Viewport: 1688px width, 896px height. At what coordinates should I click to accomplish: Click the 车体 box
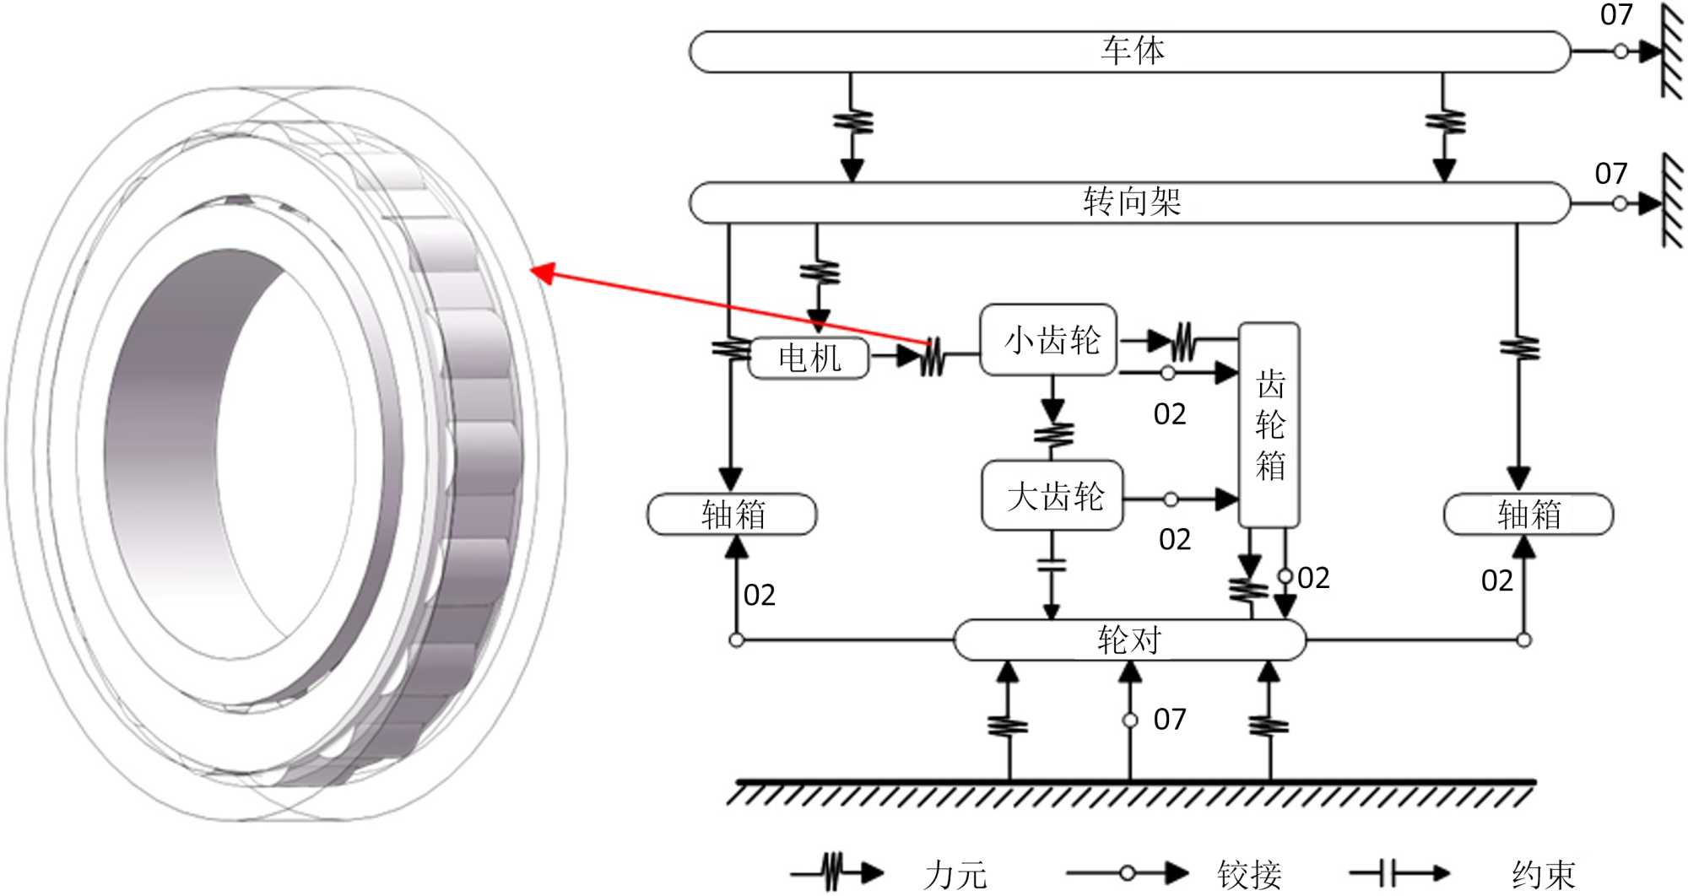[x=1129, y=51]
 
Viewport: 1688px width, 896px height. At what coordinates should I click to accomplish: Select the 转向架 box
[x=1129, y=202]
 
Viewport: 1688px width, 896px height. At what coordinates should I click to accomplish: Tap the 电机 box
[x=809, y=358]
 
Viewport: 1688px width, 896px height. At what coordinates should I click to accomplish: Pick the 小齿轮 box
[x=1048, y=340]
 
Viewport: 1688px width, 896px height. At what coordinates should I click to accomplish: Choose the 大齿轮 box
[x=1052, y=495]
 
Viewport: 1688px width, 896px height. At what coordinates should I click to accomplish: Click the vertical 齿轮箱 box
[x=1269, y=424]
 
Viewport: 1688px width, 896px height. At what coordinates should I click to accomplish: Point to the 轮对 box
[x=1129, y=640]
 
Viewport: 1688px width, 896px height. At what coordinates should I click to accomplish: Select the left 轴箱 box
[x=732, y=515]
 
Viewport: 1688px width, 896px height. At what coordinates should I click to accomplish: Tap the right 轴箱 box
[x=1528, y=515]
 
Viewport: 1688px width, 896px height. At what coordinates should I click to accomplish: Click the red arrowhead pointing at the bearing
[x=542, y=273]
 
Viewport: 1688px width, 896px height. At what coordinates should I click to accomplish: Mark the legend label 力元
[x=955, y=874]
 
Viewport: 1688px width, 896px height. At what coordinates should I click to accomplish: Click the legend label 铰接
[x=1249, y=874]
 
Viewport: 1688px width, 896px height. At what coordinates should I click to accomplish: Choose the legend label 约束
[x=1544, y=874]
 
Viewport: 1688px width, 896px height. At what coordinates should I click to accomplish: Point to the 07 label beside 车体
[x=1616, y=14]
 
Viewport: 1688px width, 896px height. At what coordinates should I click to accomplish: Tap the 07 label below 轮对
[x=1170, y=720]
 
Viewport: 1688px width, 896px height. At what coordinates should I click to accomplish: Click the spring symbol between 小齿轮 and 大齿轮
[x=1053, y=434]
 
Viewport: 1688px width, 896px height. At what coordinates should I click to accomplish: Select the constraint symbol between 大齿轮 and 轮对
[x=1052, y=564]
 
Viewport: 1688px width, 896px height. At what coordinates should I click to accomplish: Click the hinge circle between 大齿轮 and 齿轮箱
[x=1171, y=499]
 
